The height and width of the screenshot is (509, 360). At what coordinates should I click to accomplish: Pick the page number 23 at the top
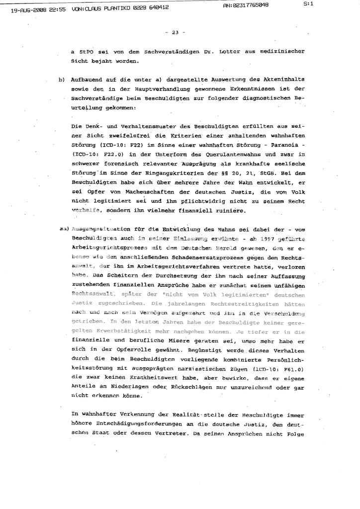[175, 33]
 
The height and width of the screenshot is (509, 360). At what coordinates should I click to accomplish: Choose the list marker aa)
[64, 229]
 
